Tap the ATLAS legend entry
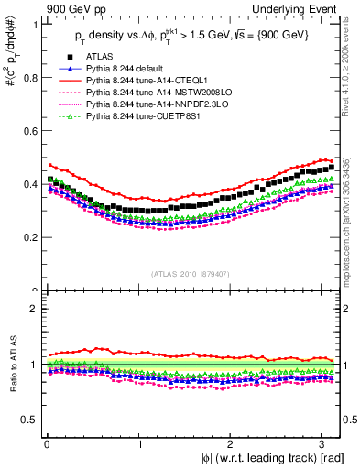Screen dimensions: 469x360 tap(99, 58)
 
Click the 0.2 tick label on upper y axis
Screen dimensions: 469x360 tap(28, 237)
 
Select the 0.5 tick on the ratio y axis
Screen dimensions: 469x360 tap(28, 420)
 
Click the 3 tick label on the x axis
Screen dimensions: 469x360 tap(324, 444)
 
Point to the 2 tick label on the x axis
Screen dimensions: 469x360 tap(232, 444)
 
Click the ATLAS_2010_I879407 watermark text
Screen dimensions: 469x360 tap(191, 273)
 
